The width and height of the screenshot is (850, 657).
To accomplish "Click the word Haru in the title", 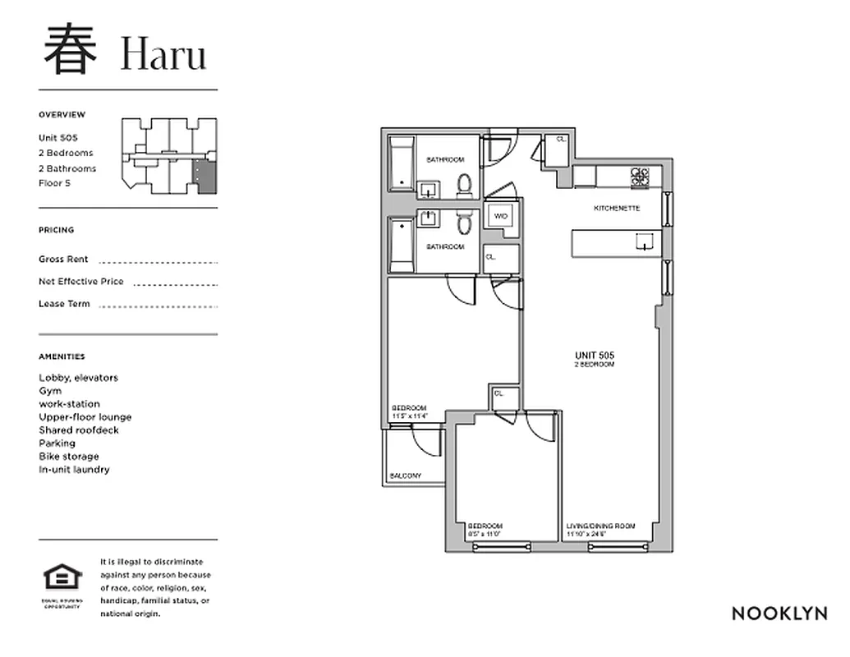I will (163, 54).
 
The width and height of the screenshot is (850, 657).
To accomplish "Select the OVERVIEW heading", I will (62, 115).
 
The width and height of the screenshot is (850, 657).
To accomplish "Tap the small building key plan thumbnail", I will (170, 156).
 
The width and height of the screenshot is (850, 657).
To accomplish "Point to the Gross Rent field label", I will (63, 260).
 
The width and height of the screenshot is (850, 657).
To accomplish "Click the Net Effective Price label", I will (81, 282).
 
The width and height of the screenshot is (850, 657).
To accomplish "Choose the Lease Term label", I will (64, 304).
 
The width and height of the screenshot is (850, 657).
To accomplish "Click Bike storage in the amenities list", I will (69, 457).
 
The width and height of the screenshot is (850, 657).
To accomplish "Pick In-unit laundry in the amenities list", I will (74, 470).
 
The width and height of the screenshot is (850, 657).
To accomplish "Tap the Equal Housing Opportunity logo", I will (62, 579).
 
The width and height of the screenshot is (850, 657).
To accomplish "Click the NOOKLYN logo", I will (779, 613).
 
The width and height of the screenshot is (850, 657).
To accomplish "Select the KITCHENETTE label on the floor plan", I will (616, 209).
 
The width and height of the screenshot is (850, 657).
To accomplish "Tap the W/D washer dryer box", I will (500, 217).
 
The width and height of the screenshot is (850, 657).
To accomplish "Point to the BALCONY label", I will (406, 476).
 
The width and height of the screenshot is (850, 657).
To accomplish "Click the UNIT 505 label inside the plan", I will (594, 356).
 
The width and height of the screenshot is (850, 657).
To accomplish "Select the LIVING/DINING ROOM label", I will (600, 526).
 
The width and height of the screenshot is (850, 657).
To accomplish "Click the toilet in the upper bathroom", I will (464, 185).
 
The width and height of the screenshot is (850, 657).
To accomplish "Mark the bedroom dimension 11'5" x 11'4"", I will (410, 417).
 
